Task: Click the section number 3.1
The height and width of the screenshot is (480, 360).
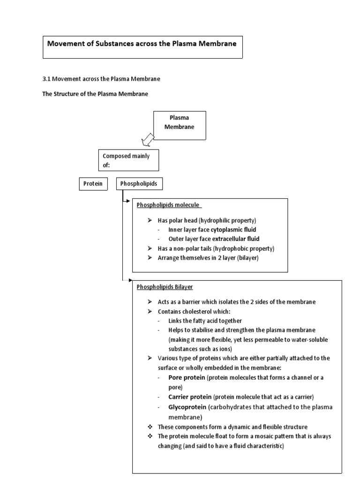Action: tap(46, 79)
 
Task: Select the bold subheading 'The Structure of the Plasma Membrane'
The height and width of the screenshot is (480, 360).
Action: tap(95, 94)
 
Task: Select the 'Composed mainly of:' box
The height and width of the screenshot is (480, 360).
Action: tap(128, 161)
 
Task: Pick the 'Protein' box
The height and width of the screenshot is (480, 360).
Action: tap(92, 184)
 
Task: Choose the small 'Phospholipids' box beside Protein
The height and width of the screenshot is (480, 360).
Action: tap(139, 184)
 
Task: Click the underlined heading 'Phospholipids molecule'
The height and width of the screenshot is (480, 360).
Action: tap(168, 205)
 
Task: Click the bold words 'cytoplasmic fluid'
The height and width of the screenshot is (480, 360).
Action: tap(233, 230)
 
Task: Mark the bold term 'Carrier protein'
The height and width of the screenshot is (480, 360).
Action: tap(190, 397)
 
